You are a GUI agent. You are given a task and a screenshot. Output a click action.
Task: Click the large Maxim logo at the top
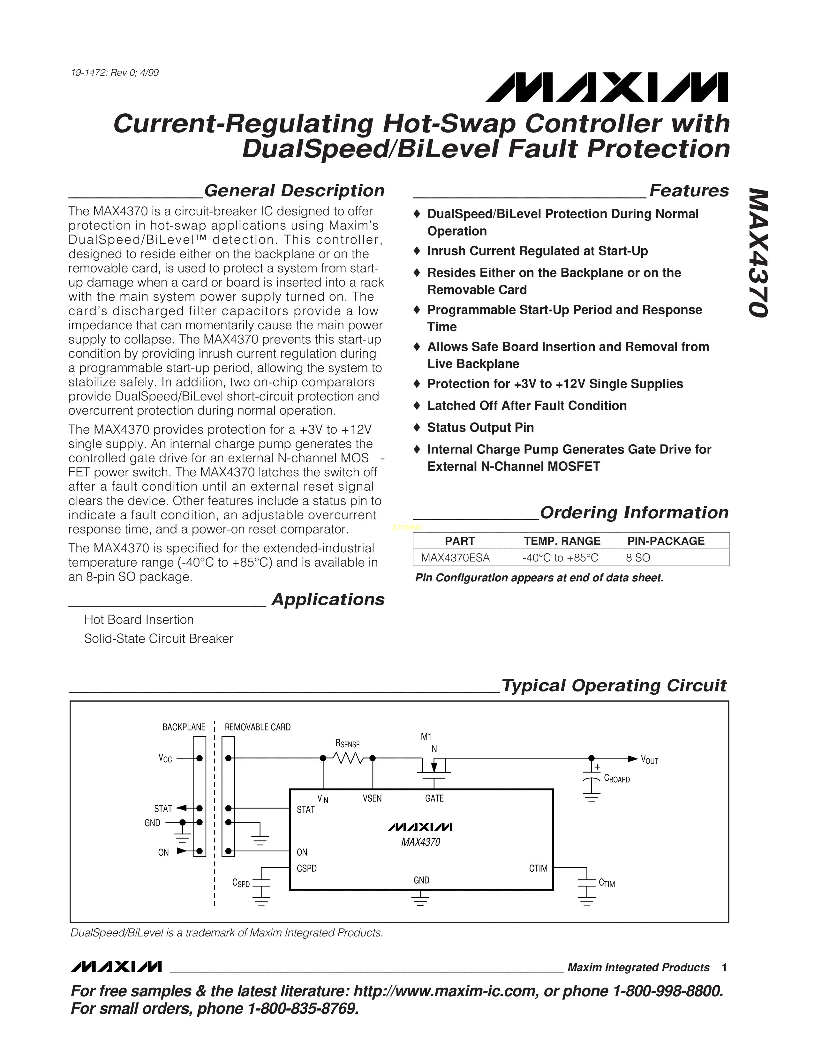click(607, 88)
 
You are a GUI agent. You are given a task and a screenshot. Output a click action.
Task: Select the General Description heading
click(294, 191)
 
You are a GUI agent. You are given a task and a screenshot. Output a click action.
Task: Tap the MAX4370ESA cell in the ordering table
click(455, 558)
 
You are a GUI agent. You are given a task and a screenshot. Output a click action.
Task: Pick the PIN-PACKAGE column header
click(666, 541)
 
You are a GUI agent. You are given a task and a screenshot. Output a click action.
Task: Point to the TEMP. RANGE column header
click(562, 541)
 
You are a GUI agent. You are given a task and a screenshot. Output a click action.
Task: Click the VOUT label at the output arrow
click(649, 760)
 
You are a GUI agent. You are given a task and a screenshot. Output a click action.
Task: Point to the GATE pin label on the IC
click(434, 798)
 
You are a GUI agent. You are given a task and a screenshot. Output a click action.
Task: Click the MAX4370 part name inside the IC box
click(420, 842)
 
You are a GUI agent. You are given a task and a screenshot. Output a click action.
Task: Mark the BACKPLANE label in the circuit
click(184, 727)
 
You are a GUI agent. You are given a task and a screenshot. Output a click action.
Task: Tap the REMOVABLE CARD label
click(258, 727)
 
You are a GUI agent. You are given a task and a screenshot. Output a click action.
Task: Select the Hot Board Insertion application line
click(139, 620)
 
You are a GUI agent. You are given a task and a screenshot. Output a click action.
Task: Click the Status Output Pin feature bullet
click(480, 428)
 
